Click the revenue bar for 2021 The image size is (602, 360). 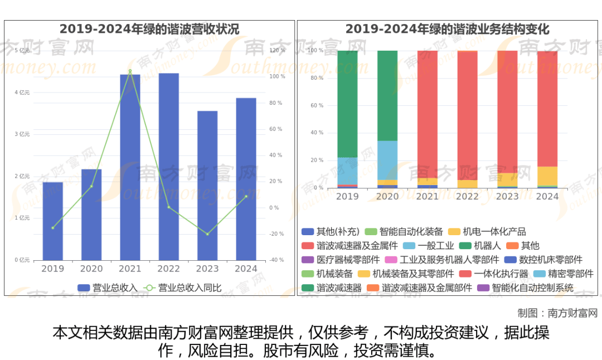(x=130, y=167)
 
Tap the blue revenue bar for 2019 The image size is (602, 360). (x=53, y=221)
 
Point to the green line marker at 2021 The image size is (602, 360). (x=130, y=71)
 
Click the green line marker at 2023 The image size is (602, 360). (x=207, y=234)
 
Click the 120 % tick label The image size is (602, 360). (x=277, y=51)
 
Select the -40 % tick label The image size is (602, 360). (x=277, y=260)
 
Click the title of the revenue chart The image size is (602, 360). (x=149, y=30)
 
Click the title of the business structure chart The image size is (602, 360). (x=448, y=30)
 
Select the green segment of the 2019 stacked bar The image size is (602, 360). (x=347, y=104)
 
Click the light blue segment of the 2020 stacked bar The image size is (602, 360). (x=387, y=160)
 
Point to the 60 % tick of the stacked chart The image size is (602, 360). (x=316, y=105)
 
